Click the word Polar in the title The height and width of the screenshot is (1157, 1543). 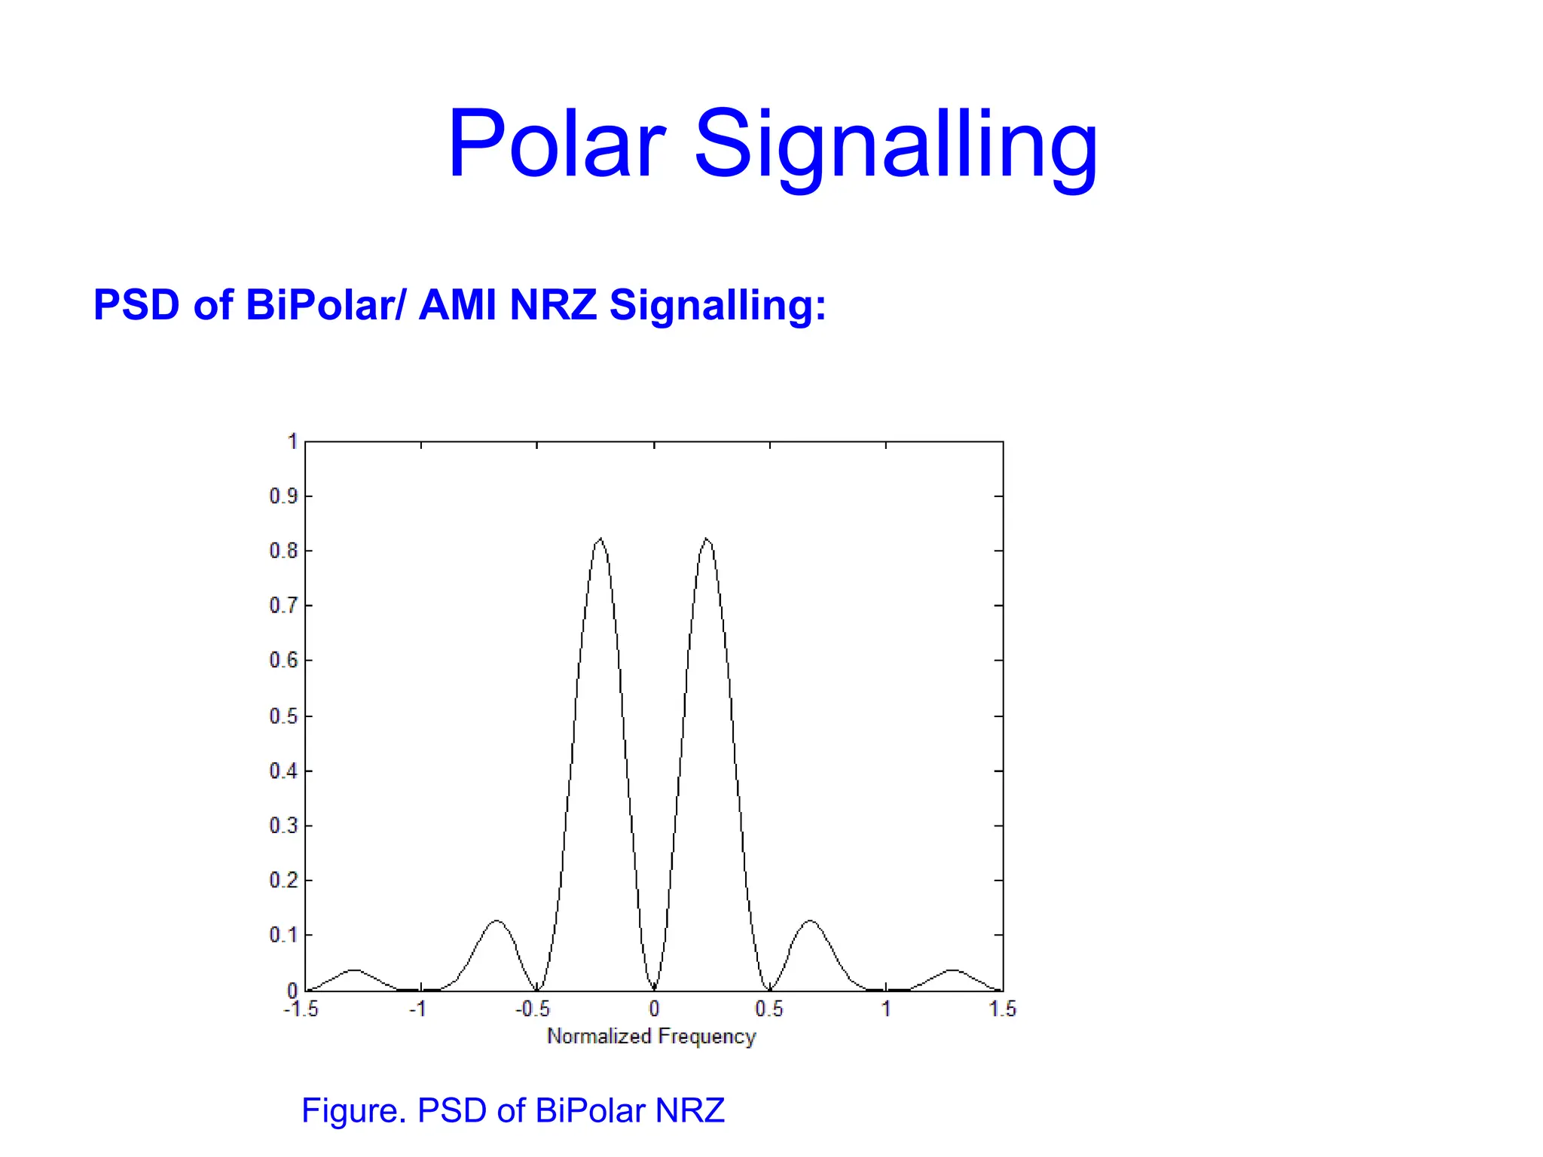coord(556,145)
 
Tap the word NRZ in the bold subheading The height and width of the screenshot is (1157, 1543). coord(552,305)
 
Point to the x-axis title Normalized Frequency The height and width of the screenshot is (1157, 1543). coord(651,1036)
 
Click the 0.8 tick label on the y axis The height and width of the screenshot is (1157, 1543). coord(283,551)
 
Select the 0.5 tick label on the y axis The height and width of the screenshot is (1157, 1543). coord(283,716)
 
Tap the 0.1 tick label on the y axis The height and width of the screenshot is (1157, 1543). coord(283,936)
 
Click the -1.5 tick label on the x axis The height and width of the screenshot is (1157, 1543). coord(301,1009)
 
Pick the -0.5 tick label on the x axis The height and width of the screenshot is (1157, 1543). coord(533,1009)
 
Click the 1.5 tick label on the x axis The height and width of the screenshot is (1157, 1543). coord(1002,1009)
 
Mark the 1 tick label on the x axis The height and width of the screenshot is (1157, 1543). coord(886,1009)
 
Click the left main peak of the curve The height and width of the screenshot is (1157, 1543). coord(600,539)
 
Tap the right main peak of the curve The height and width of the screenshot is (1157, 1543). coord(707,539)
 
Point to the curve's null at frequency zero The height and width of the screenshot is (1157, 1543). coord(654,988)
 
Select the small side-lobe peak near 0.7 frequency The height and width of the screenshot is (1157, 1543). coord(811,921)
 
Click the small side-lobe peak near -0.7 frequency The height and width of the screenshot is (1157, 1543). coord(497,921)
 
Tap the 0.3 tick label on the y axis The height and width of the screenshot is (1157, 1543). coord(283,826)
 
